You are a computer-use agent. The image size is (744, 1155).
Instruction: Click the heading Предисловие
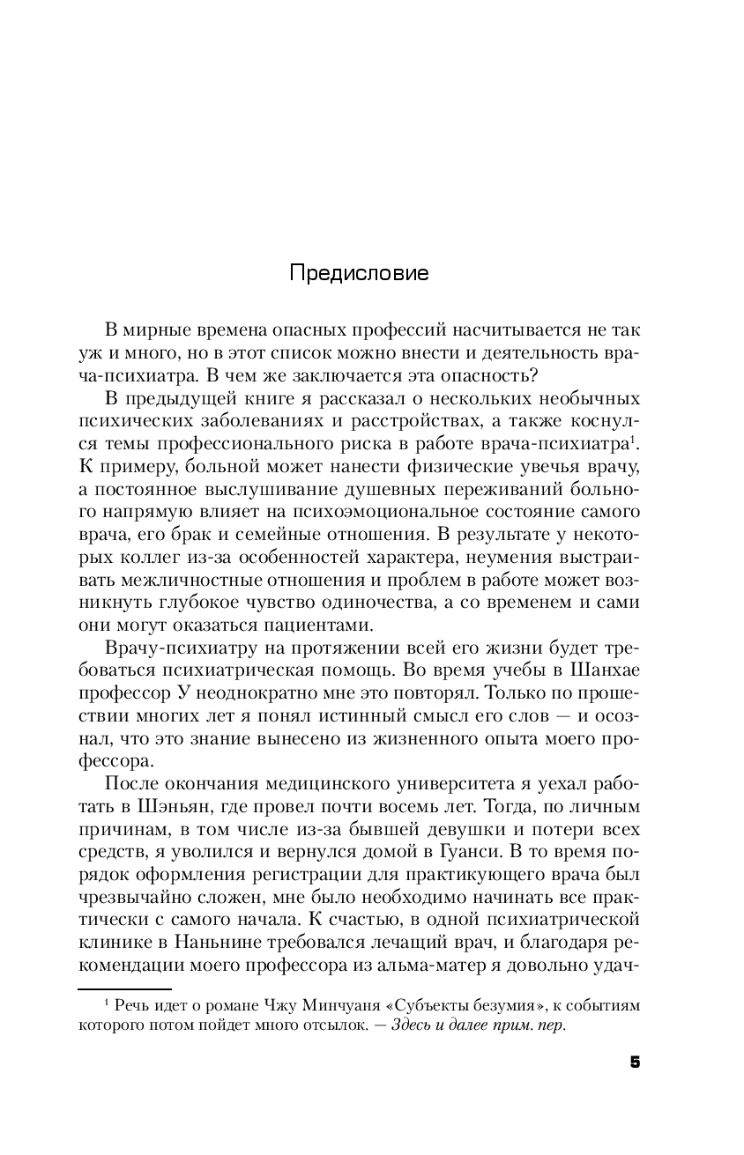(x=359, y=273)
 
